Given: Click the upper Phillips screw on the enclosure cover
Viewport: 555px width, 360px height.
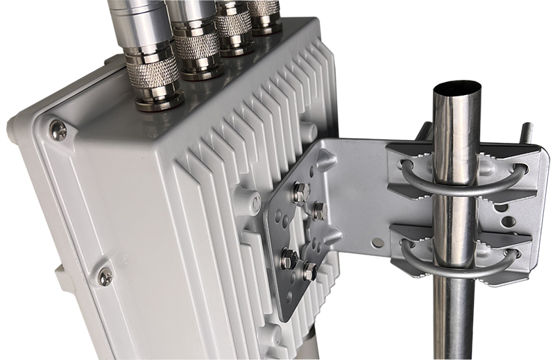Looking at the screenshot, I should coord(59,128).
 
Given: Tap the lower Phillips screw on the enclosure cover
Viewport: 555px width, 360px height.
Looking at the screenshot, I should coord(105,277).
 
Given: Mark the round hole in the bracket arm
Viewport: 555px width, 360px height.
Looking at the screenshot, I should coord(377,243).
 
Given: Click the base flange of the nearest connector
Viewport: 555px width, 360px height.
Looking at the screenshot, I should coord(157,101).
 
